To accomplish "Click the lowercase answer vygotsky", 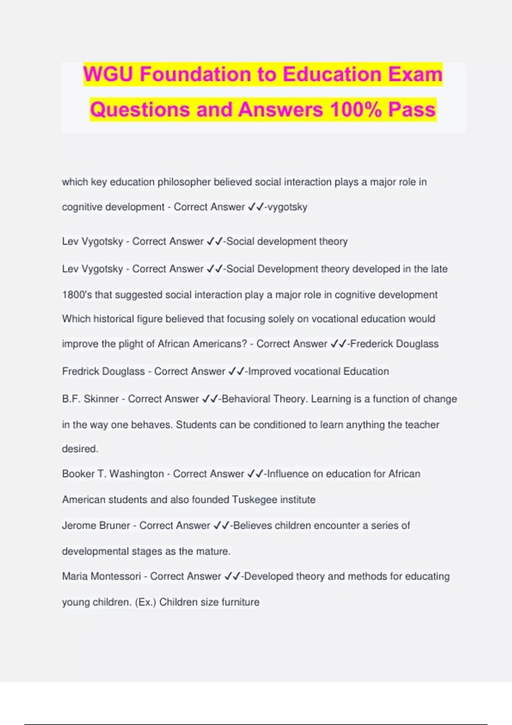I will (x=287, y=207).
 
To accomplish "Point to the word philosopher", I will (x=184, y=182).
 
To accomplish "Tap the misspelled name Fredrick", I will (x=80, y=371).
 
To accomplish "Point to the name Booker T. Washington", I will (x=113, y=474).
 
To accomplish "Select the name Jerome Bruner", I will (x=96, y=525).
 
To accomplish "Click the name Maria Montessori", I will (x=101, y=577).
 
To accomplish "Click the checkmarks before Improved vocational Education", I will (x=236, y=371).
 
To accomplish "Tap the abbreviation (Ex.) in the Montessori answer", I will (x=145, y=602).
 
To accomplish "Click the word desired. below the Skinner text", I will (x=80, y=449).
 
